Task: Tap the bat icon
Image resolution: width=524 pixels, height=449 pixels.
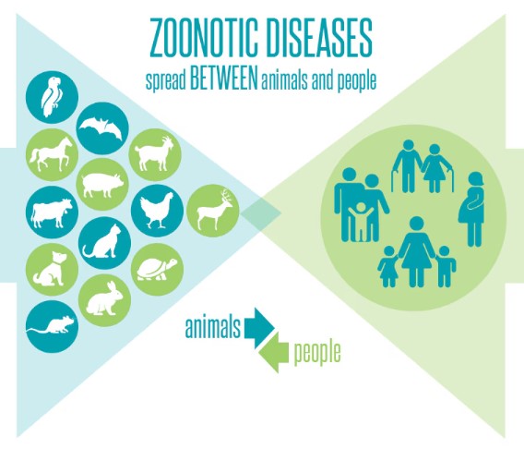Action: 102,128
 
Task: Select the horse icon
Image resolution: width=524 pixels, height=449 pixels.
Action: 53,154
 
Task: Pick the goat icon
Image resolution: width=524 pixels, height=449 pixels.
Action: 155,154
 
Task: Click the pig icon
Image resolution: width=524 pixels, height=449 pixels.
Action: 102,185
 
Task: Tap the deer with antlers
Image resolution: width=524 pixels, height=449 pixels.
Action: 213,212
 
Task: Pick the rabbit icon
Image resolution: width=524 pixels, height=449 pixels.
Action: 104,299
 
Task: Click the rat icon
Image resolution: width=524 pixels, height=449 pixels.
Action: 53,326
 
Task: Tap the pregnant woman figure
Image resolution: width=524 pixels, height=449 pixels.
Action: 472,209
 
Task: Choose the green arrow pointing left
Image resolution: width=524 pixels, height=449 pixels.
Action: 273,353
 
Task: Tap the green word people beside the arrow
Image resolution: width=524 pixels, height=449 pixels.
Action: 317,354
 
